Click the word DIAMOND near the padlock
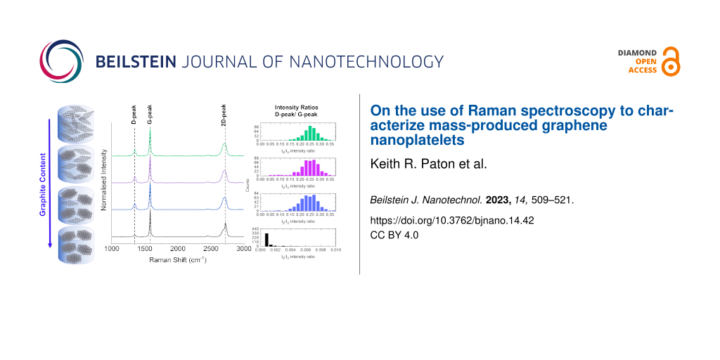coord(637,53)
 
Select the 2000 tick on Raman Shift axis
coord(177,249)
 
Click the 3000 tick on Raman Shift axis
coord(243,249)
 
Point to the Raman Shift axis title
coord(177,260)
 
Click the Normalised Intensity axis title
coord(105,182)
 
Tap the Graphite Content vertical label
coord(43,183)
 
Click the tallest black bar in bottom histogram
coord(266,239)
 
